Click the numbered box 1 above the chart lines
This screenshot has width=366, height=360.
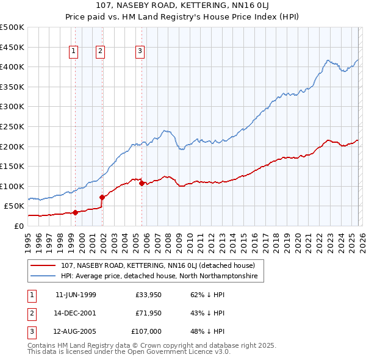[73, 52]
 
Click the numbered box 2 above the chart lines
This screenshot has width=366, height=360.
[99, 52]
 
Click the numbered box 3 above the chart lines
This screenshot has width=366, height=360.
[140, 52]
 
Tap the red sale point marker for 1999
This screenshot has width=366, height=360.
[76, 212]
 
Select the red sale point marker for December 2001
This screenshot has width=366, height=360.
[102, 197]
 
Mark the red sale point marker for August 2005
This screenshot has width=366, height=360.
[142, 183]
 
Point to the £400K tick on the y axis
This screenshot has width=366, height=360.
[12, 67]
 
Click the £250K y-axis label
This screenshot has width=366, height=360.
[12, 126]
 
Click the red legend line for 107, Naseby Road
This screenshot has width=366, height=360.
[43, 265]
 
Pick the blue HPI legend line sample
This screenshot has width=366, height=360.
[43, 276]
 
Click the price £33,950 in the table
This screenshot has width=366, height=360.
[148, 295]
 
